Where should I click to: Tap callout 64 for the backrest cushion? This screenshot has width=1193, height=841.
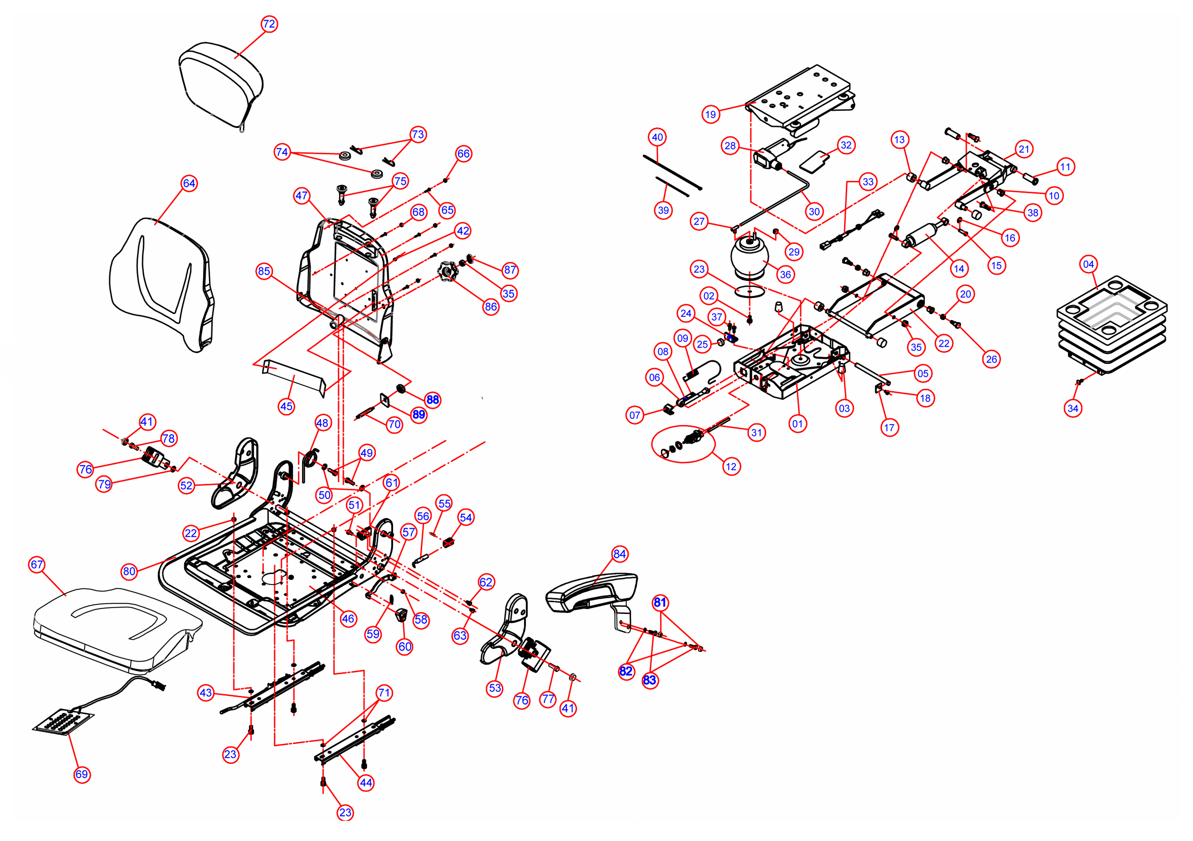coord(189,183)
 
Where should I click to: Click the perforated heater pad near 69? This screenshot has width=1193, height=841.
coord(63,722)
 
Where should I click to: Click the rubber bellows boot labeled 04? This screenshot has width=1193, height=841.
coord(1112,324)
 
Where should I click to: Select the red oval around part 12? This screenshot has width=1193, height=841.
coord(683,444)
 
